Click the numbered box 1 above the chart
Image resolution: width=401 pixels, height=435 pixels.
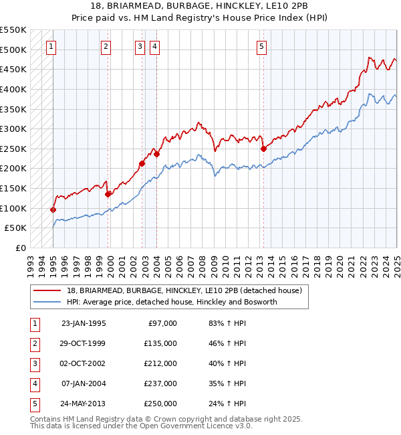click(x=52, y=46)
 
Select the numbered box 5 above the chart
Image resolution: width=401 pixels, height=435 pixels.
click(x=261, y=46)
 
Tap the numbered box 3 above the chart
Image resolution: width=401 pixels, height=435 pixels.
click(x=139, y=46)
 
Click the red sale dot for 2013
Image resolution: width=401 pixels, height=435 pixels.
click(x=263, y=149)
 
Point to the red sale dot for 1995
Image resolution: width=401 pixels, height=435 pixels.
click(x=53, y=209)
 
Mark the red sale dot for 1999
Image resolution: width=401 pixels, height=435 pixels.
click(x=108, y=194)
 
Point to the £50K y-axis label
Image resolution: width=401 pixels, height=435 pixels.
click(x=15, y=228)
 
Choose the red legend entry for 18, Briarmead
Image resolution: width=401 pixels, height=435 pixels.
click(x=184, y=290)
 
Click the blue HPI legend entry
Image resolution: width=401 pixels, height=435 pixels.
click(x=171, y=302)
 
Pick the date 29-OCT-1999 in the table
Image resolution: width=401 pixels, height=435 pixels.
click(x=83, y=343)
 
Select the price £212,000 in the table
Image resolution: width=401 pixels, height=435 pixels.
click(x=161, y=363)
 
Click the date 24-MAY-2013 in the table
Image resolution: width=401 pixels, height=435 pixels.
click(x=83, y=404)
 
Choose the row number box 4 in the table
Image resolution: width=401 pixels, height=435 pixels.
click(x=33, y=383)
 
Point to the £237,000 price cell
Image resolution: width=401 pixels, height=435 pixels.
click(x=161, y=383)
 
